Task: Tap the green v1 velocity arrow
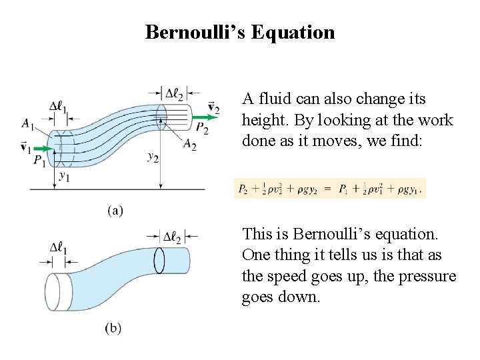[41, 148]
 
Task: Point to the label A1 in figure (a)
[28, 123]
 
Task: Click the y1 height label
[65, 176]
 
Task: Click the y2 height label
[153, 157]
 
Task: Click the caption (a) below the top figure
[115, 211]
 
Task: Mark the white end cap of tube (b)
[58, 292]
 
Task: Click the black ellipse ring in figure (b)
[159, 260]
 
